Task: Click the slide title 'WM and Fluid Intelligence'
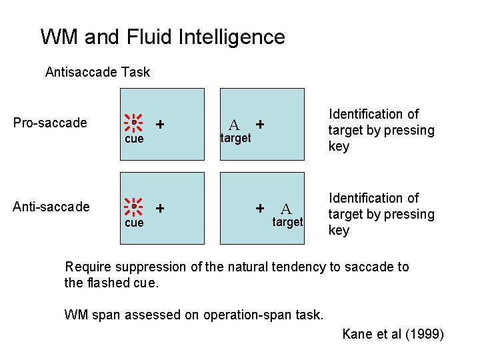(x=163, y=37)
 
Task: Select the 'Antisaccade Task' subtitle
(x=97, y=72)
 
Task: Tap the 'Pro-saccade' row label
(x=50, y=123)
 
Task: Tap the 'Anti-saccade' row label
(x=51, y=207)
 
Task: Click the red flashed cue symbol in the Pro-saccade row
(x=134, y=123)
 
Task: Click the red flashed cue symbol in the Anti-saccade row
(x=134, y=207)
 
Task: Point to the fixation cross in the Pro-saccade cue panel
(x=160, y=124)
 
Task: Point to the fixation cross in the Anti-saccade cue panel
(x=160, y=208)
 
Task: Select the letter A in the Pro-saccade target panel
(x=234, y=125)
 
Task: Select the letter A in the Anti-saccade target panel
(x=285, y=209)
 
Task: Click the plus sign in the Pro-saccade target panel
(x=260, y=124)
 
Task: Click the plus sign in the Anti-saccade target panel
(x=260, y=208)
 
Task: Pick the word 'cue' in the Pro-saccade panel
(x=134, y=139)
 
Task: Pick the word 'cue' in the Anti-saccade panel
(x=134, y=223)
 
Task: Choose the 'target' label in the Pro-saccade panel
(x=236, y=138)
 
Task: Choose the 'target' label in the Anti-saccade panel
(x=287, y=222)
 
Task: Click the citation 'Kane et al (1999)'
(x=393, y=334)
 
